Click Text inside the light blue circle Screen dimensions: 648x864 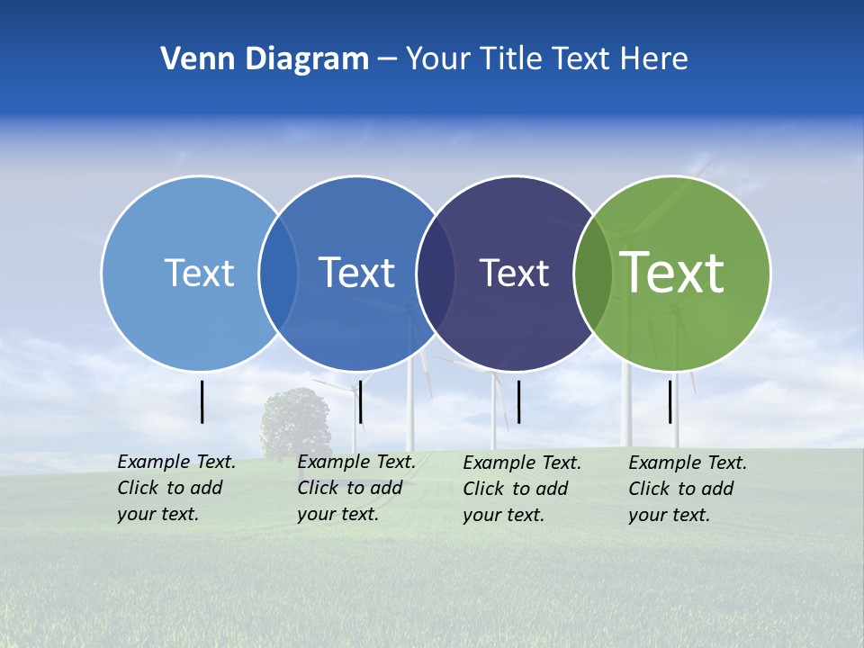(x=199, y=273)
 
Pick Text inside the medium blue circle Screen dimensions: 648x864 (x=356, y=273)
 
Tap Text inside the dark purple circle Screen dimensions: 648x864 (x=514, y=273)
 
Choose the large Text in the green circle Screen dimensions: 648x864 (x=672, y=272)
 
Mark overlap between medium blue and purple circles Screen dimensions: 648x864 (x=436, y=274)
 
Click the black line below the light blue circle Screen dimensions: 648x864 (x=202, y=401)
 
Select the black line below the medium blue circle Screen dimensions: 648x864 (x=360, y=401)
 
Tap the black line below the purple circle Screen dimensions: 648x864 (x=518, y=401)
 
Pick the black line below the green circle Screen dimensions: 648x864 (x=670, y=401)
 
